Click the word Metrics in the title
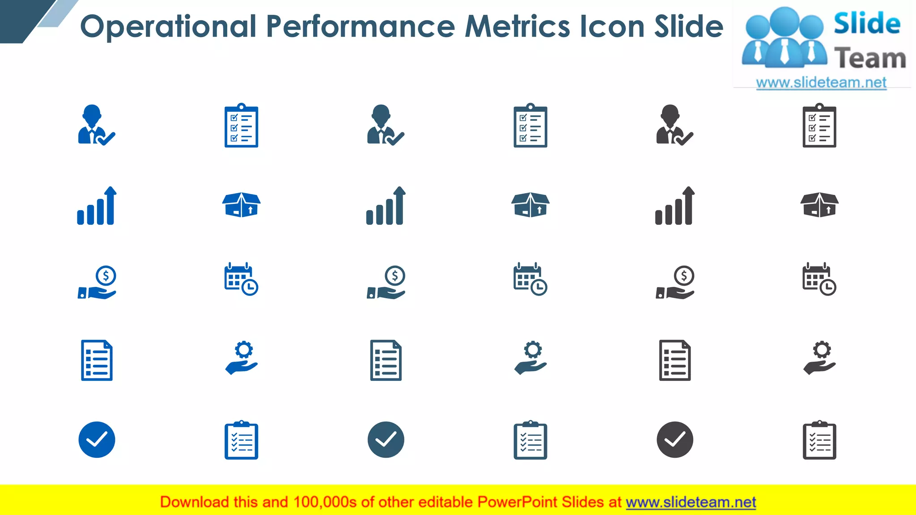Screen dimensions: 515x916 [517, 26]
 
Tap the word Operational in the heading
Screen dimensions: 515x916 [168, 26]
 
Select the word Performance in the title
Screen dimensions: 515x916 [360, 26]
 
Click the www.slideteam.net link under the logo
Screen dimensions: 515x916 [821, 83]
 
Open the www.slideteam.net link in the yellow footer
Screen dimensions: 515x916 [691, 502]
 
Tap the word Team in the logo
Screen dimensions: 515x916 [870, 59]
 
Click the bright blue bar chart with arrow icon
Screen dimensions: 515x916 [97, 206]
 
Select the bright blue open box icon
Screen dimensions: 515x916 [242, 205]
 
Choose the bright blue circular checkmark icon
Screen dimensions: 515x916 [97, 439]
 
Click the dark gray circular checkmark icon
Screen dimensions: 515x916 [675, 439]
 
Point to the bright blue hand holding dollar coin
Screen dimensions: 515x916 [97, 283]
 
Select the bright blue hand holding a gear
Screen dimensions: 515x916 [242, 358]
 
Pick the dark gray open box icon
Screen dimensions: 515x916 [819, 205]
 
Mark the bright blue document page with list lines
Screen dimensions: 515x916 [97, 360]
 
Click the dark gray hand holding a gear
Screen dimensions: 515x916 [820, 358]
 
